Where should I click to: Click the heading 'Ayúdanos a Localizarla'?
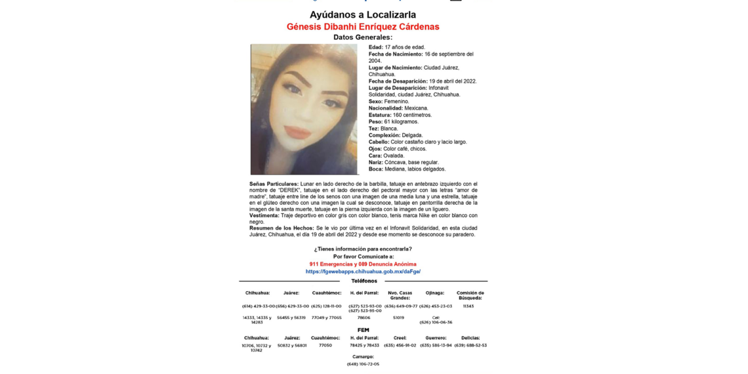tap(363, 14)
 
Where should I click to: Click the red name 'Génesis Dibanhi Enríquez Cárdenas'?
tap(363, 27)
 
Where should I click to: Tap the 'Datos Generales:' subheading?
tap(363, 37)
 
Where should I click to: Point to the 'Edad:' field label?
tap(376, 47)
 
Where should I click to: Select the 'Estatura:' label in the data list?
tap(380, 115)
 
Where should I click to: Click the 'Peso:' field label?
tap(375, 122)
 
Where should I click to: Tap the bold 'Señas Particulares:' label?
tap(274, 184)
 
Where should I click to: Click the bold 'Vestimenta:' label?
tap(264, 215)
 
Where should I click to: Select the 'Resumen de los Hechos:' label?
tap(281, 228)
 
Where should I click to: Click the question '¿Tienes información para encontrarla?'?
tap(363, 249)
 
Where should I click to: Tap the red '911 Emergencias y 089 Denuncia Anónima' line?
tap(363, 264)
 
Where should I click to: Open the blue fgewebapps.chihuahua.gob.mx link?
tap(363, 272)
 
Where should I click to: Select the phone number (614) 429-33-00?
tap(259, 306)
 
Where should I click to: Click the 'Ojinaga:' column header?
tap(435, 293)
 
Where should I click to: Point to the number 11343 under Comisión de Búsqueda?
tap(468, 306)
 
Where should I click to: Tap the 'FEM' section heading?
tap(363, 330)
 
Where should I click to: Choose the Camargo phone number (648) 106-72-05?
tap(363, 364)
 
